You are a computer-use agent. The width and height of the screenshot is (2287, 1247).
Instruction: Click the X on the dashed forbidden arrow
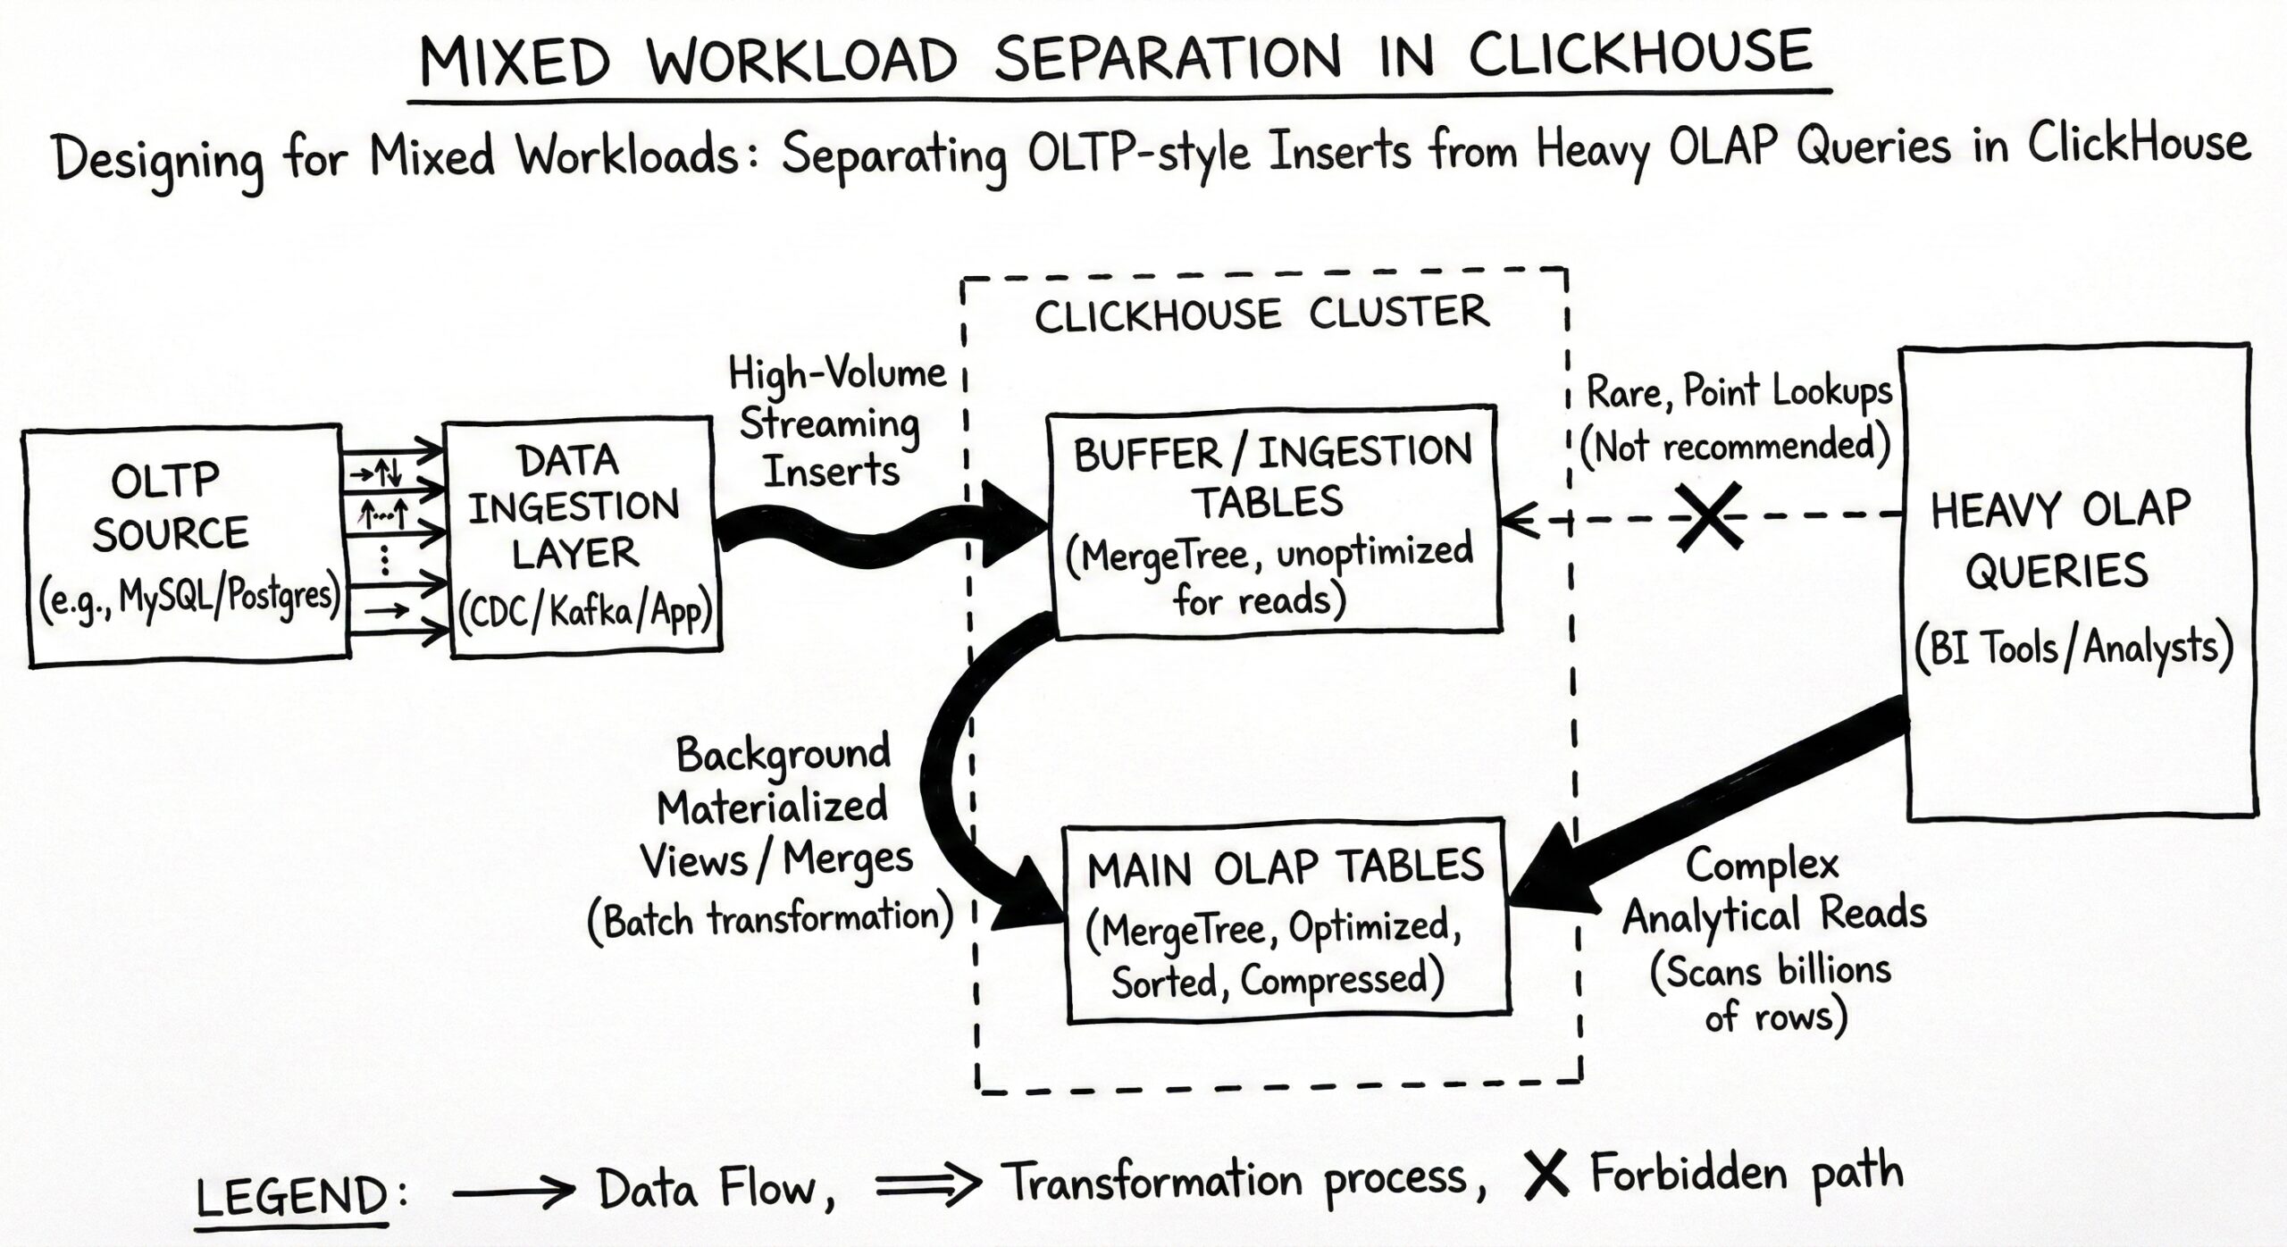tap(1708, 516)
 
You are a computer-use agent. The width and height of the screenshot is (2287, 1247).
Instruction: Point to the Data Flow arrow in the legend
tap(513, 1190)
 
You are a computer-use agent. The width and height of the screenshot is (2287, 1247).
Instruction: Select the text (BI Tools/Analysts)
tap(2073, 648)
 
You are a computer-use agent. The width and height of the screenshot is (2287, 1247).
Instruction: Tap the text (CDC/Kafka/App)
tap(586, 613)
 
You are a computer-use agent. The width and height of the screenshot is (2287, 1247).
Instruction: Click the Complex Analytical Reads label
tap(1773, 893)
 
